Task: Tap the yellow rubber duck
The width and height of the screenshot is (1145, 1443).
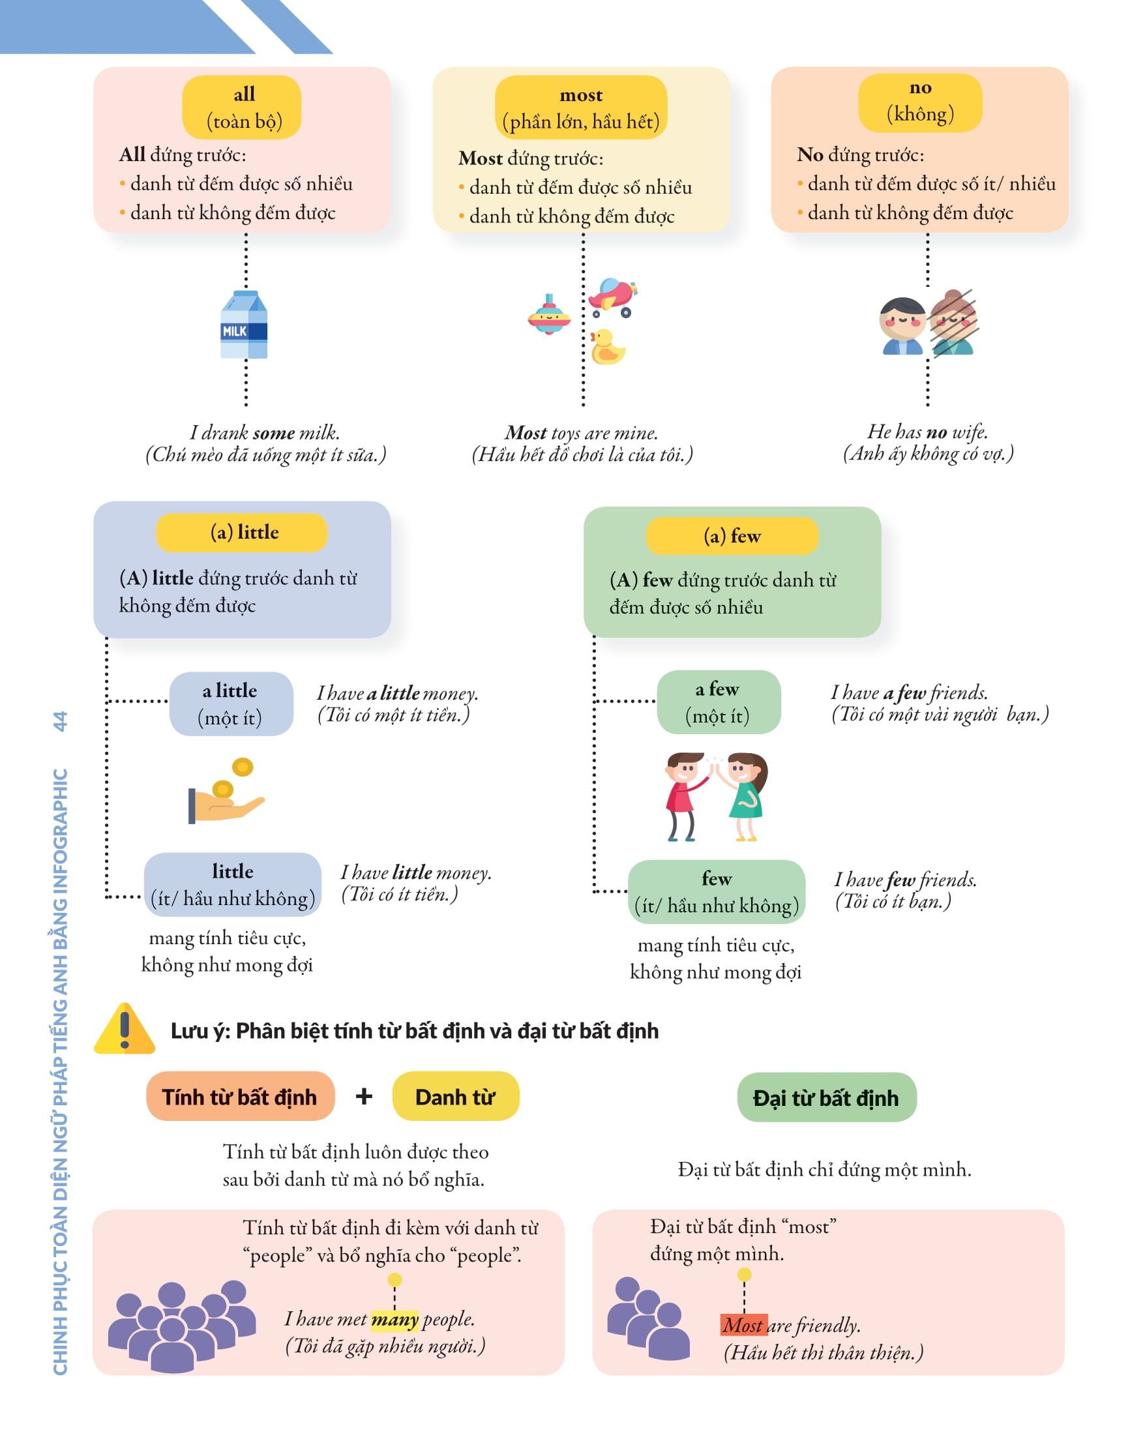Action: click(606, 347)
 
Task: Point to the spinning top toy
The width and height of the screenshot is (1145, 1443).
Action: click(549, 314)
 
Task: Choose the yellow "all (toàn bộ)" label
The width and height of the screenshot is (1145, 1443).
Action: click(241, 107)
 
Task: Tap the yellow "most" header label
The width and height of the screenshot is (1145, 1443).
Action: click(580, 108)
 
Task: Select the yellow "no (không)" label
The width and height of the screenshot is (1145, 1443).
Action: click(919, 102)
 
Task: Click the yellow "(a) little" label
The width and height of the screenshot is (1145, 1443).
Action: click(241, 532)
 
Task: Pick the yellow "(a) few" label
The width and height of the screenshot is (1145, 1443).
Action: click(732, 535)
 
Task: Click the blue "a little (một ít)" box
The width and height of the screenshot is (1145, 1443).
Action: click(231, 704)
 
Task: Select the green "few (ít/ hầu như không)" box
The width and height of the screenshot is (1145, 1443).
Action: click(716, 891)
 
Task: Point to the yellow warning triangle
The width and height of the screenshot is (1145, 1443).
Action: click(125, 1030)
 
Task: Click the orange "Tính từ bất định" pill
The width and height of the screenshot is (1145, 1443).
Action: click(239, 1096)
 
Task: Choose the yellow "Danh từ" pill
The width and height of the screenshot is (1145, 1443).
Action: click(455, 1096)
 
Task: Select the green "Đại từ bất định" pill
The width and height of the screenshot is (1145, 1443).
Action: click(825, 1097)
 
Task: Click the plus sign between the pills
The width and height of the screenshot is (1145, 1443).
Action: click(363, 1096)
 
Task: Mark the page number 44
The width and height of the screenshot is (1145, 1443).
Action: click(60, 721)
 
